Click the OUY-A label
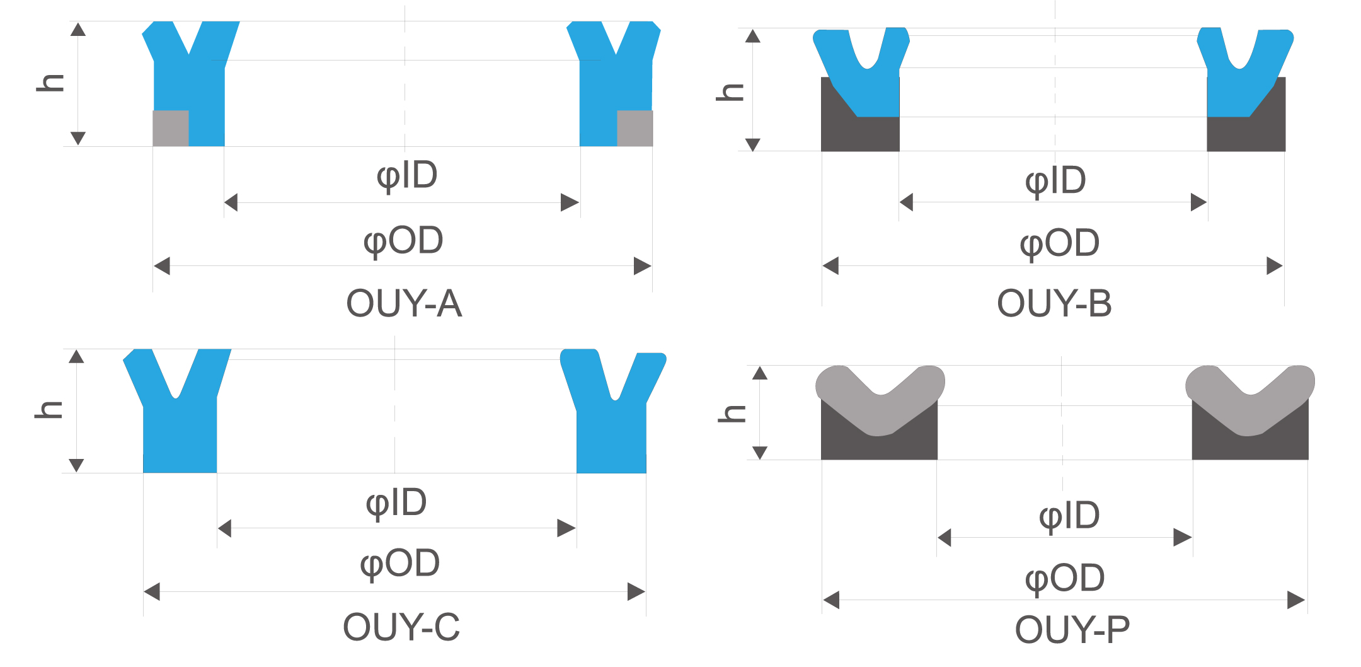404,303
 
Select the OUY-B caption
1054,303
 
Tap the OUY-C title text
401,627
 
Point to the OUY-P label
1072,629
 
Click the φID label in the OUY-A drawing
407,176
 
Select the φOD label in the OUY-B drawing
1060,244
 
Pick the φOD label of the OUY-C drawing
400,564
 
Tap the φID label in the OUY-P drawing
1069,516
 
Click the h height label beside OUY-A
50,83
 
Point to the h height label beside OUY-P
732,414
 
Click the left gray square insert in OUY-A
171,129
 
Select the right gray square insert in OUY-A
635,129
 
